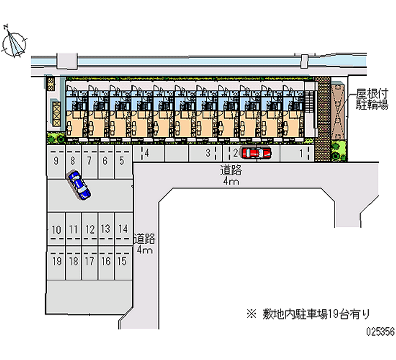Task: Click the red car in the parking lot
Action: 256,153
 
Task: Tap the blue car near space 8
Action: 79,185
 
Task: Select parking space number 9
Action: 56,160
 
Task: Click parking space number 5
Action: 121,160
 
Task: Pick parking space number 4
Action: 147,154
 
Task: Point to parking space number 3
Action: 208,153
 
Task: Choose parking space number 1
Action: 301,154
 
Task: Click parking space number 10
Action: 56,229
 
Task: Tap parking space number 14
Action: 122,229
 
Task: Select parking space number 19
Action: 56,261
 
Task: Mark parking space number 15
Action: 122,261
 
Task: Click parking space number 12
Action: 89,229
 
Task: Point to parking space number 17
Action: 89,261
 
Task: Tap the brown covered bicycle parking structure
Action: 339,113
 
